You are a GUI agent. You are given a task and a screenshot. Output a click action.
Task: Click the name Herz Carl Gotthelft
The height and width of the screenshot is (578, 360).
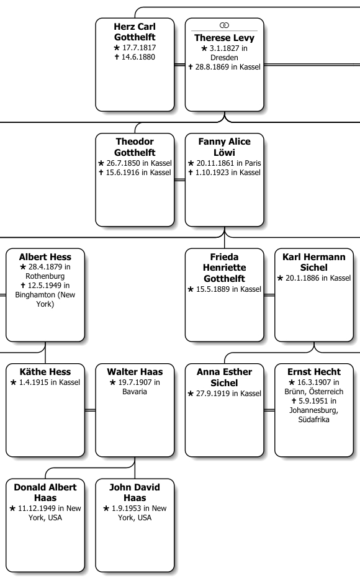pos(135,32)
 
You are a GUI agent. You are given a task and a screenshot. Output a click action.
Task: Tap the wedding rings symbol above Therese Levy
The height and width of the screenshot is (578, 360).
pos(224,25)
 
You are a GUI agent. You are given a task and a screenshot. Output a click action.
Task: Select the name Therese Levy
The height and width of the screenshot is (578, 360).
pos(224,38)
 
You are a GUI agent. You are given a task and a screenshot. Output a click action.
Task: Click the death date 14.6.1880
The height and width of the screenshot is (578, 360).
pos(135,57)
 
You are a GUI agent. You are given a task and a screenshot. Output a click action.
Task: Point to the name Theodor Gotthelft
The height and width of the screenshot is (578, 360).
pos(135,147)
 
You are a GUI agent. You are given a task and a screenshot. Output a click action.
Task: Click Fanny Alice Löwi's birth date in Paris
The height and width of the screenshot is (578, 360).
pos(224,163)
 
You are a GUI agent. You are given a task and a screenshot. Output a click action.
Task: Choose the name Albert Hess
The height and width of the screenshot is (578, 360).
pos(45,257)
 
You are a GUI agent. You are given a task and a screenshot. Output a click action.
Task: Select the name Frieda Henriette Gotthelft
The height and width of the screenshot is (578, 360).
pos(224,268)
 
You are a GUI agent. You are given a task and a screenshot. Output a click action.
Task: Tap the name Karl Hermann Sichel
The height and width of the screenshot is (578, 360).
pos(313,262)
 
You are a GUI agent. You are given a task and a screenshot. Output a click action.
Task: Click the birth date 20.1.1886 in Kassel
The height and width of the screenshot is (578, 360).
pos(313,278)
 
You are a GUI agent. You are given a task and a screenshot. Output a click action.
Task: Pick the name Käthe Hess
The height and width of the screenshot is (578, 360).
pos(45,372)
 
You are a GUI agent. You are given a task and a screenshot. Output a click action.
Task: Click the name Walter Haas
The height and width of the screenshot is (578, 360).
pos(135,372)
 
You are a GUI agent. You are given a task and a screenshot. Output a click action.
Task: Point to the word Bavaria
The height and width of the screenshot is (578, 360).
pos(135,391)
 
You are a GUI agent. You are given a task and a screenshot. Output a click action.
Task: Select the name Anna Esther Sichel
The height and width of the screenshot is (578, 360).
pos(224,377)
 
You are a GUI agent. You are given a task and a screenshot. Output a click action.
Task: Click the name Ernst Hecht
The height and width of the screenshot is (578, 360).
pos(313,372)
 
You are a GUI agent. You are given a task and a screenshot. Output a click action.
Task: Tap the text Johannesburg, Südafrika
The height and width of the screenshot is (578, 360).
pos(313,415)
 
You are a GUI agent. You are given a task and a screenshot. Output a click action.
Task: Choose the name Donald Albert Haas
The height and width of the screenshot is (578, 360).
pos(45,492)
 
